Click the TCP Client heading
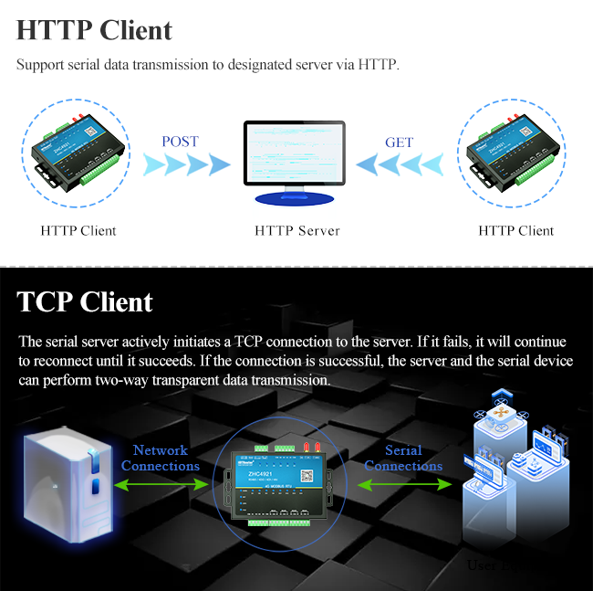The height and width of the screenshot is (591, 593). pyautogui.click(x=85, y=301)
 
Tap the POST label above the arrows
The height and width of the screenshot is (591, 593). pyautogui.click(x=180, y=142)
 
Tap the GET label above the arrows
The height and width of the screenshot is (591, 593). pyautogui.click(x=399, y=142)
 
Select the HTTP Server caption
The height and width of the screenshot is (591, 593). pyautogui.click(x=296, y=231)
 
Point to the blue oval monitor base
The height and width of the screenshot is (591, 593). pyautogui.click(x=295, y=198)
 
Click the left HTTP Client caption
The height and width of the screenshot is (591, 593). pyautogui.click(x=78, y=231)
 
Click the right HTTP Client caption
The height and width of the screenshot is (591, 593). pyautogui.click(x=515, y=231)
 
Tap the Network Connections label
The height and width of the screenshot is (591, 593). pyautogui.click(x=161, y=458)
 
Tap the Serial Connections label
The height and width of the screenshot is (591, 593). pyautogui.click(x=403, y=458)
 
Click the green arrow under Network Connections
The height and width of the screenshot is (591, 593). pyautogui.click(x=161, y=485)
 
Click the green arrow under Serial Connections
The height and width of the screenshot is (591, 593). pyautogui.click(x=404, y=485)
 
